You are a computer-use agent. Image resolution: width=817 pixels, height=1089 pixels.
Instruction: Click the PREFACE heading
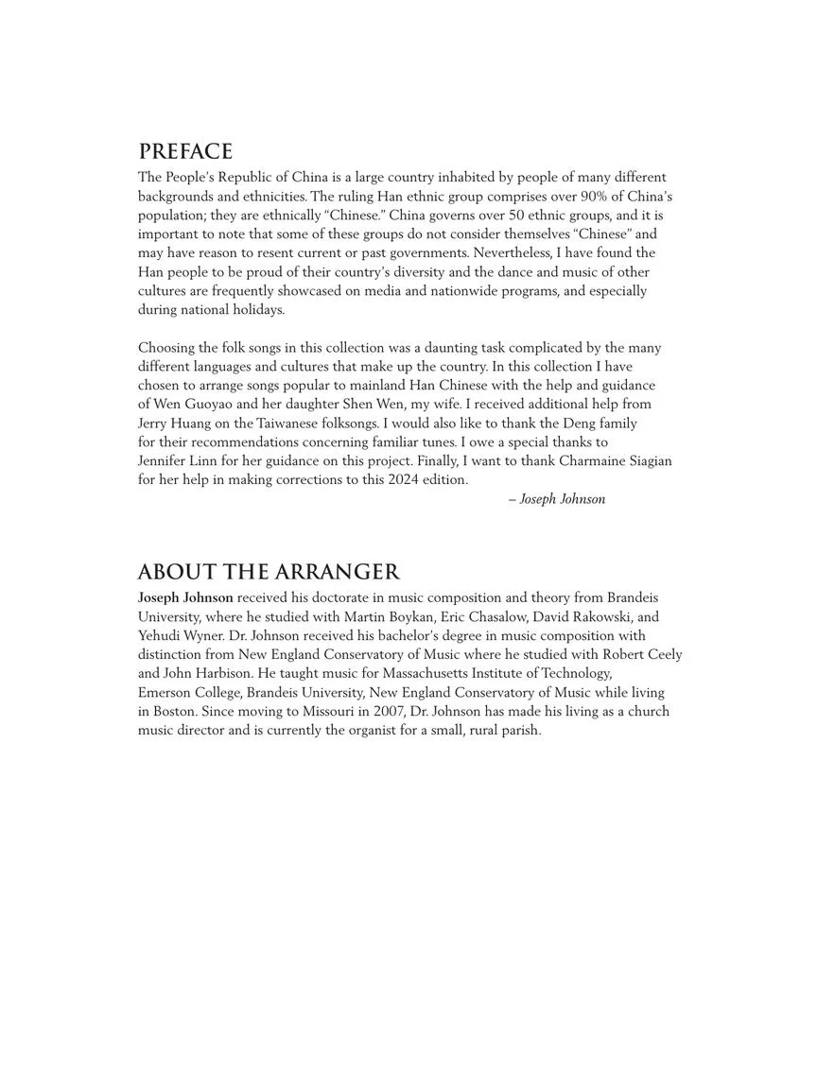[x=185, y=152]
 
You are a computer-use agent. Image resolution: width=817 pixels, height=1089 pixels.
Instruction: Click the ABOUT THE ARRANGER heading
[x=269, y=573]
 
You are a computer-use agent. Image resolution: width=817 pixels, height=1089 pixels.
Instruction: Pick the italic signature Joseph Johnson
[x=562, y=499]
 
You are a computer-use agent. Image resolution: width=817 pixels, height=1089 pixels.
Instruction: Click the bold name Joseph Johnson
[x=185, y=598]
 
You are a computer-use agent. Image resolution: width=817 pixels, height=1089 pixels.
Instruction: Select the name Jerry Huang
[x=175, y=423]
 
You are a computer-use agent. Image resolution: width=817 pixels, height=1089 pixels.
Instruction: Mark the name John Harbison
[x=202, y=674]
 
